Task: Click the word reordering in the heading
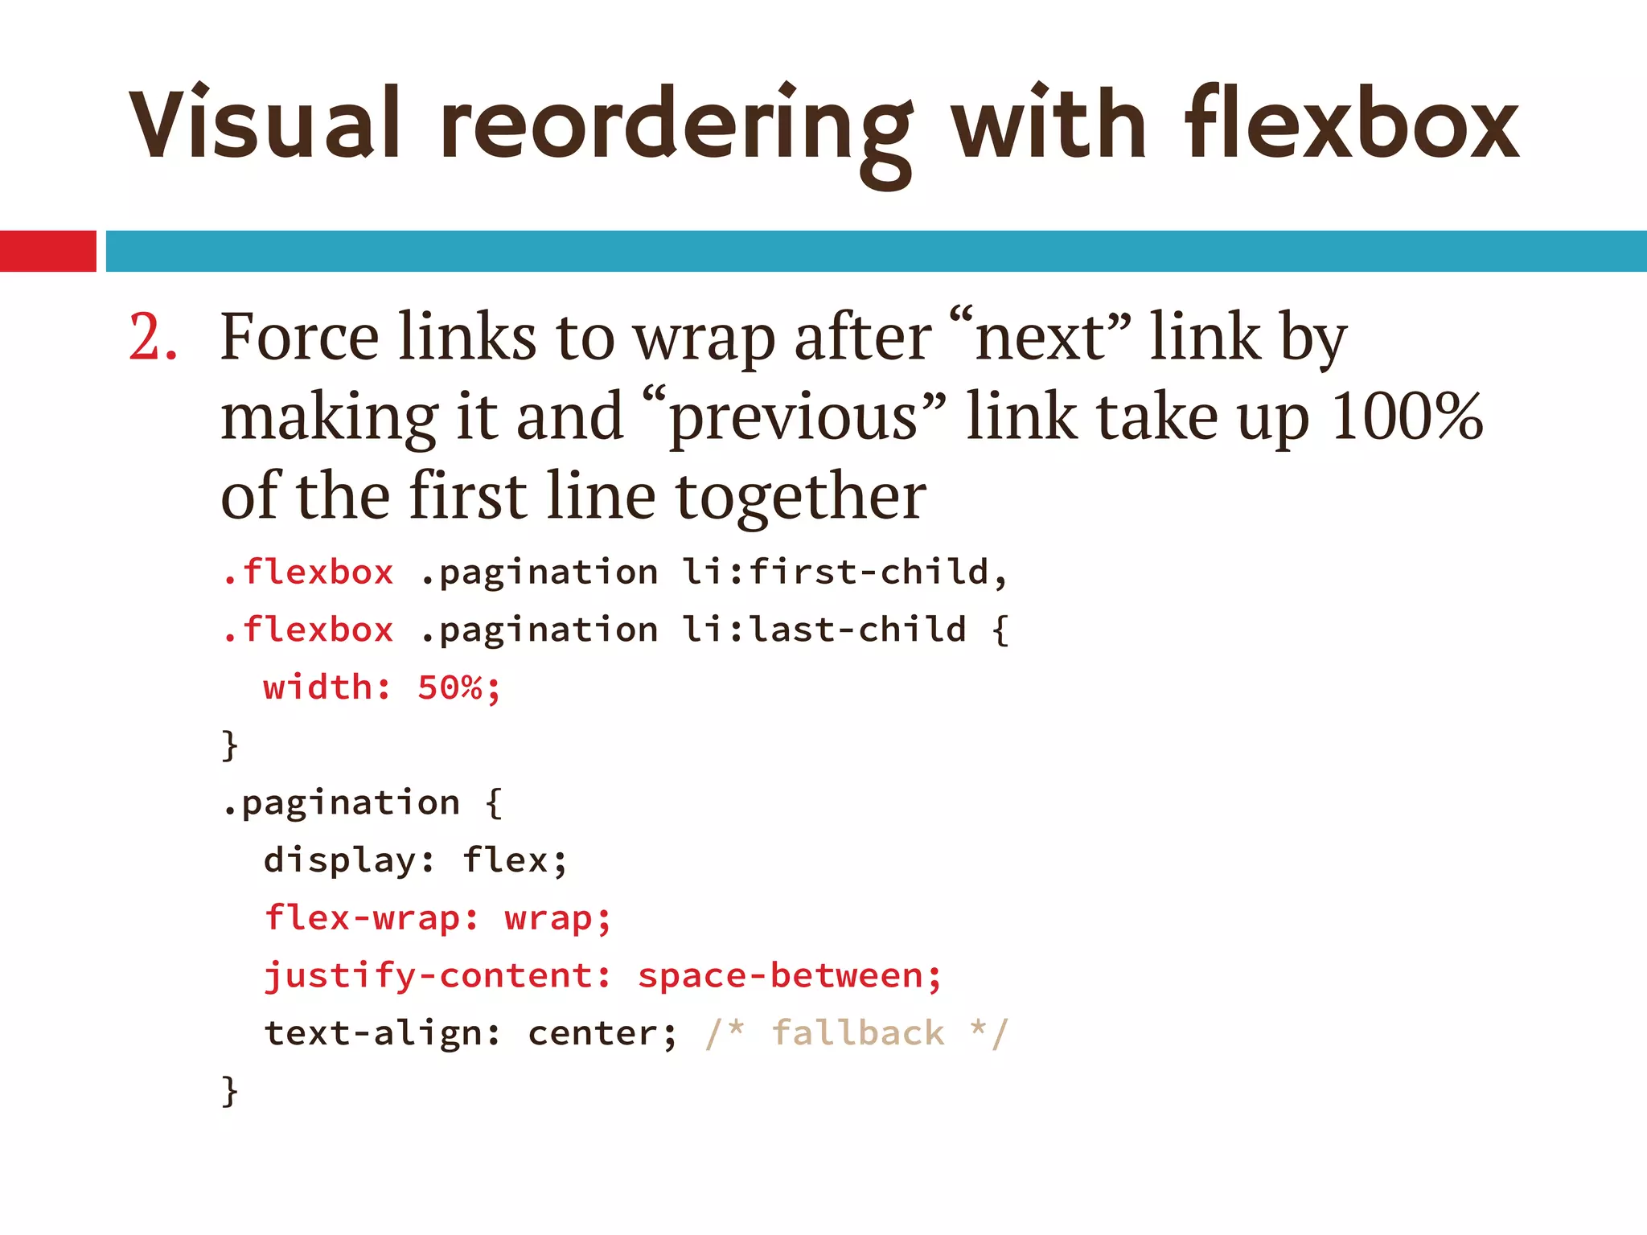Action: tap(676, 129)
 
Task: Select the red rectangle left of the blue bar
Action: tap(47, 251)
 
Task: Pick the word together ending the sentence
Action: tap(800, 497)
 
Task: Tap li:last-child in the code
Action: tap(824, 630)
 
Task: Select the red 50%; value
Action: tap(459, 688)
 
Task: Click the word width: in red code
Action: tap(327, 688)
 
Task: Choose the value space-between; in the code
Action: tap(789, 976)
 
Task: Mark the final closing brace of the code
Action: tap(230, 1091)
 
